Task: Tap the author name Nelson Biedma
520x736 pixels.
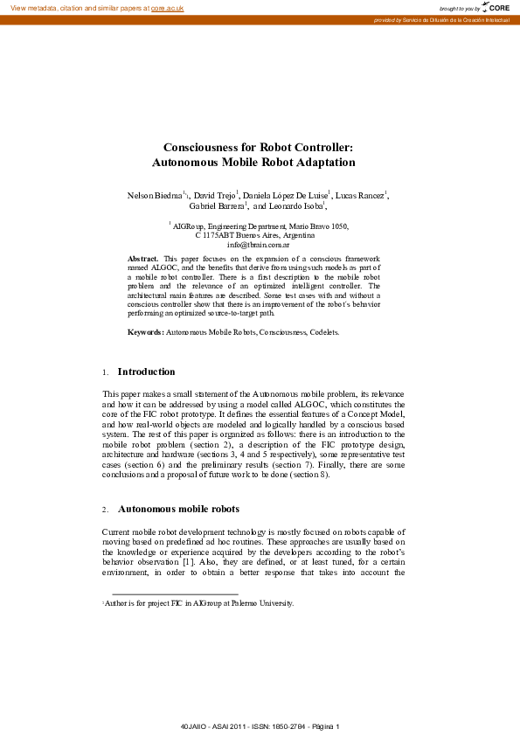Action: click(x=156, y=195)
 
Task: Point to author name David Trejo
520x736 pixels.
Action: click(x=214, y=195)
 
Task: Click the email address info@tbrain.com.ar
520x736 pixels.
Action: click(x=258, y=246)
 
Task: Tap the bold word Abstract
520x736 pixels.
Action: click(x=142, y=260)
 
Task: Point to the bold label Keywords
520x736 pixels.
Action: click(x=146, y=333)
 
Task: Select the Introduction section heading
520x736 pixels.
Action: click(x=146, y=371)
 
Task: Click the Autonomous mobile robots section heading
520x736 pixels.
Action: click(x=178, y=508)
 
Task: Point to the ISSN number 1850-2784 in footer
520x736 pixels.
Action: click(x=279, y=727)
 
